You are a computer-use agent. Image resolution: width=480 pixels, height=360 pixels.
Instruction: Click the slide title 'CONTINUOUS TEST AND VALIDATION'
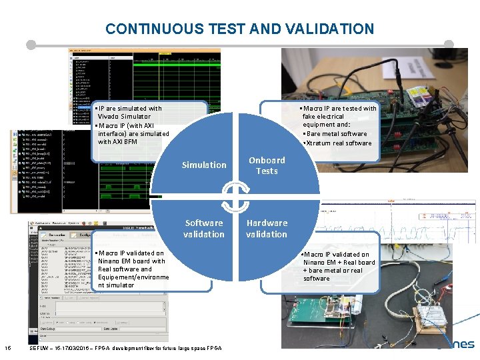(x=239, y=29)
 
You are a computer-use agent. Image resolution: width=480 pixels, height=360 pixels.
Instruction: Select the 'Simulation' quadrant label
(x=204, y=165)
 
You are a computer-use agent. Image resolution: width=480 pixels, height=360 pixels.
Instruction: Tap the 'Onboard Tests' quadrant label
(x=267, y=165)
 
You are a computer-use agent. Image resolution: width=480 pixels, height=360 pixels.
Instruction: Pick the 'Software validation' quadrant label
(x=204, y=228)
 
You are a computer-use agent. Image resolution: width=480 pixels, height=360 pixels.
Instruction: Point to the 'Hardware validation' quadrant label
(x=267, y=228)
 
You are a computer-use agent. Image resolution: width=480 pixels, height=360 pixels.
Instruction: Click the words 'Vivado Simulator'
(x=124, y=117)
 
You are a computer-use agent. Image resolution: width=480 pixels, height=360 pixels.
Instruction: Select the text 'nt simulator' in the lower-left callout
(x=116, y=285)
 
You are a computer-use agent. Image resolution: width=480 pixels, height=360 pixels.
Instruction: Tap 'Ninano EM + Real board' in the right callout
(x=339, y=263)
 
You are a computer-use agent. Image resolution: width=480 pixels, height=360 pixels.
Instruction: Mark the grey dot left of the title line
(x=31, y=45)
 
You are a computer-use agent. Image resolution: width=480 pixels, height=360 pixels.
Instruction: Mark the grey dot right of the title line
(x=449, y=45)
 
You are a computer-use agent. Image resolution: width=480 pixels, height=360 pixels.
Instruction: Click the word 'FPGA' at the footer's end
(x=213, y=348)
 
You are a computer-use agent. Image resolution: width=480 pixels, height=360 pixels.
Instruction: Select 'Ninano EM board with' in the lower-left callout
(x=131, y=261)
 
